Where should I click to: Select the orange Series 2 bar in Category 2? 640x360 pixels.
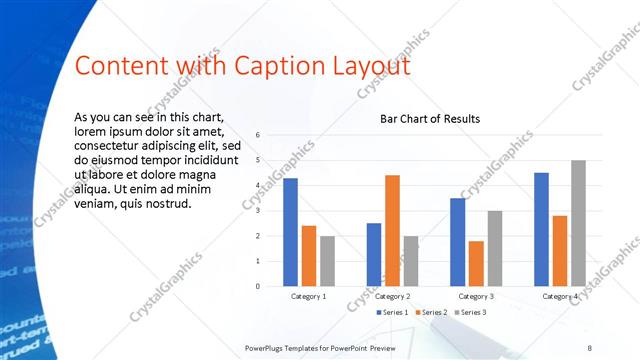point(392,231)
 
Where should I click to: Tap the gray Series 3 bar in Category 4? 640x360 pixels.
point(578,223)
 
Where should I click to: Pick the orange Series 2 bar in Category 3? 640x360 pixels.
point(476,264)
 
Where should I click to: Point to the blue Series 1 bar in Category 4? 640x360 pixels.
point(541,230)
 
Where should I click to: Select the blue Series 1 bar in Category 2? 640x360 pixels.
point(373,255)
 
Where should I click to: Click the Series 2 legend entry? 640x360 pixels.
point(432,312)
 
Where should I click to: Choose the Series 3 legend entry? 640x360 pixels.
point(471,312)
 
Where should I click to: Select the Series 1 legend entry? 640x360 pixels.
point(391,312)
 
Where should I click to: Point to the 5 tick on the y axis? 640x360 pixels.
point(258,160)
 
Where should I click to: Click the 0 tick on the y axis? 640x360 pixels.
point(258,286)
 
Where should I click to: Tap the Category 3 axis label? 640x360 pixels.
point(476,297)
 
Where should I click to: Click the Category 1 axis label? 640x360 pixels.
point(308,297)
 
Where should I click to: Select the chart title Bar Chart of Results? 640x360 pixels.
point(430,119)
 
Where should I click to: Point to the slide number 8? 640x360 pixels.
point(589,347)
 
